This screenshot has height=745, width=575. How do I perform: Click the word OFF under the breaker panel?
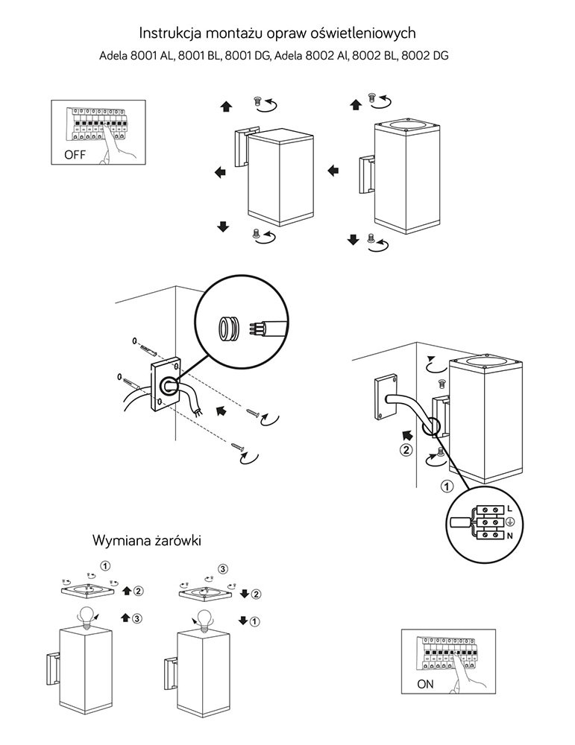tap(75, 155)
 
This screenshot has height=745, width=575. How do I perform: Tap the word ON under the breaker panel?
tap(426, 683)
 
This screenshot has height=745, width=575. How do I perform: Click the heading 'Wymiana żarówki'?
tap(147, 539)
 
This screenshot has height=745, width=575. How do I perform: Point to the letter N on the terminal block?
tap(509, 536)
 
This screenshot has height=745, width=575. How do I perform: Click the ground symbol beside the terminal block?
tap(509, 522)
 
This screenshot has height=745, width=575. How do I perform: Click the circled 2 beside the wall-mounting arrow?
tap(406, 449)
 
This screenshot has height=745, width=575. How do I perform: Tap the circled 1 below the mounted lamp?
tap(447, 487)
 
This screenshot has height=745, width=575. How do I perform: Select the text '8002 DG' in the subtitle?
tap(429, 56)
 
